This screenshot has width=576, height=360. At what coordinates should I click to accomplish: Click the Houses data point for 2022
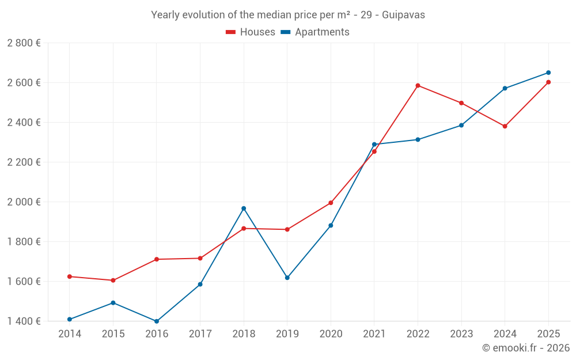[418, 86]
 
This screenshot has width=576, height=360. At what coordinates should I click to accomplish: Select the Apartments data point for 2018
[244, 209]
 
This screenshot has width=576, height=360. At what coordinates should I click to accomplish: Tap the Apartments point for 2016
[157, 321]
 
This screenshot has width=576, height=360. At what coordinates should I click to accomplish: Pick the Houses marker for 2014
[70, 276]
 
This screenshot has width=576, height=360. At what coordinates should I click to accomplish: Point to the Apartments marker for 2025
[548, 73]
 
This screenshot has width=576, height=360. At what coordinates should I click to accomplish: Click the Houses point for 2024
[505, 126]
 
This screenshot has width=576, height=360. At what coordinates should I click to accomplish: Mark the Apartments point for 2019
[287, 278]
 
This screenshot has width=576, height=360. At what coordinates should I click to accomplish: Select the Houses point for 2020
[331, 203]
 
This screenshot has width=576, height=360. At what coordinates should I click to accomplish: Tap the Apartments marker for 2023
[461, 125]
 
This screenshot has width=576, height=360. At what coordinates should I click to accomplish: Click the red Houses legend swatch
[231, 32]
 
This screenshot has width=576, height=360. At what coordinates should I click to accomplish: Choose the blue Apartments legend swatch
[286, 32]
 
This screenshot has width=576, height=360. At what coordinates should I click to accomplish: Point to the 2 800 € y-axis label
[24, 43]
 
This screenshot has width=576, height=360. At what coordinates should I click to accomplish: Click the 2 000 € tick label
[24, 202]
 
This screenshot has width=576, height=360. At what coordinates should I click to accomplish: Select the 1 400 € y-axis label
[24, 321]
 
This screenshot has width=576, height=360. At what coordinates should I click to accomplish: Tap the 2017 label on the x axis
[200, 334]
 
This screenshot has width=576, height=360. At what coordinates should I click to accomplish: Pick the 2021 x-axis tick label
[374, 334]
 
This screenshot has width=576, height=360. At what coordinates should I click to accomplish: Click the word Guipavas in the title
[403, 15]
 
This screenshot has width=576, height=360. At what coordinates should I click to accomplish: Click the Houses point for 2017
[200, 258]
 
